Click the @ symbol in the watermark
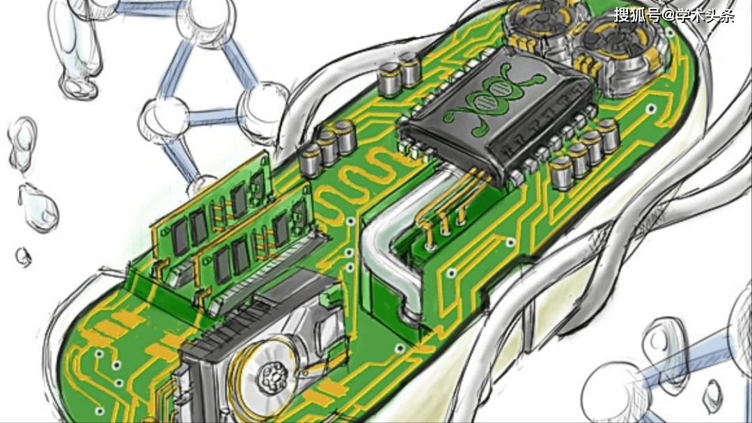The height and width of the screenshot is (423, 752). (668, 15)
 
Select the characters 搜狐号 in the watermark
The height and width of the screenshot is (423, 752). (637, 15)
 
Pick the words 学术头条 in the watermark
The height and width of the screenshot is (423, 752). (705, 15)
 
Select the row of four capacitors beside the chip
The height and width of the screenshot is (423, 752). (584, 153)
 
